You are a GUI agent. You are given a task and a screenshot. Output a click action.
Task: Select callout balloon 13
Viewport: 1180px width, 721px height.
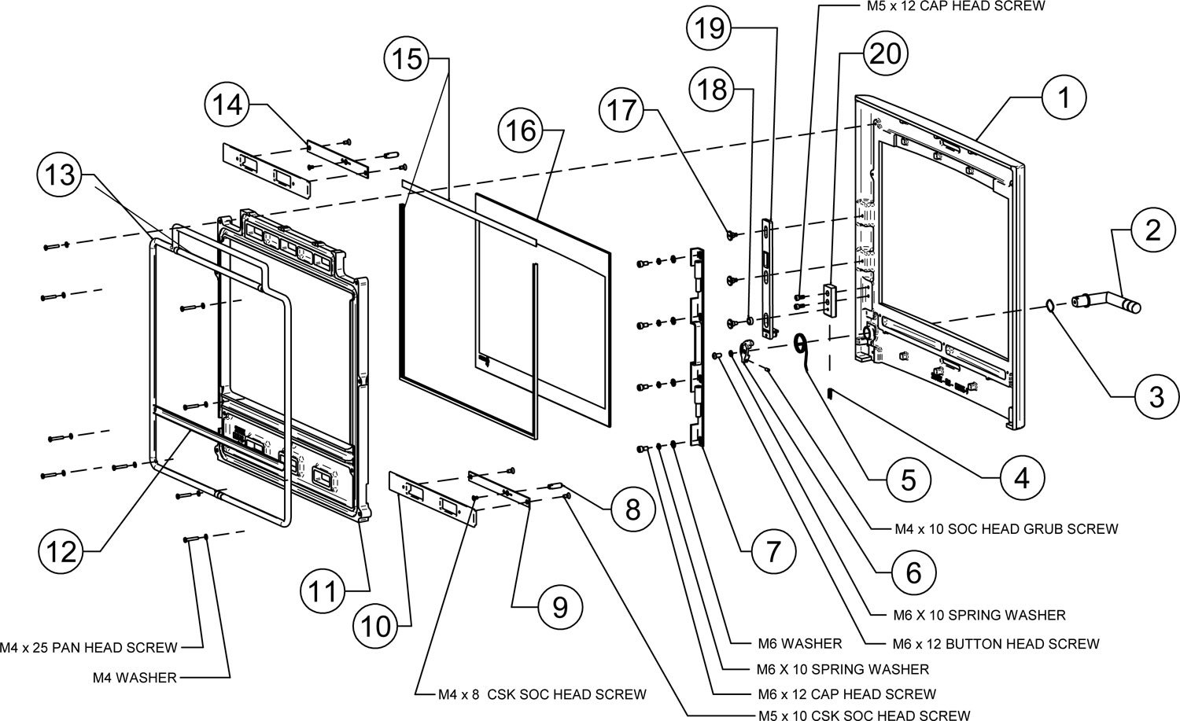(60, 175)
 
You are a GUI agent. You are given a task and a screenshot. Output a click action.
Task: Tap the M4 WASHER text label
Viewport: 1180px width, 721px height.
(135, 677)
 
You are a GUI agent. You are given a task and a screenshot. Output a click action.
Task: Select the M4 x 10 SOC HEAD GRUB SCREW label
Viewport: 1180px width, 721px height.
(1006, 529)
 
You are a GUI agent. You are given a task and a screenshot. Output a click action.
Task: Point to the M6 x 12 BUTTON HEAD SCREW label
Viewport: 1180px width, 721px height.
(996, 644)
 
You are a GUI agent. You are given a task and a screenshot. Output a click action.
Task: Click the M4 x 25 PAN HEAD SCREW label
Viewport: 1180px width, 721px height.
(90, 648)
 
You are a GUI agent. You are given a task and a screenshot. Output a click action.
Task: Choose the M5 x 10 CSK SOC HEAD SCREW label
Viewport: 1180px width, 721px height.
(864, 715)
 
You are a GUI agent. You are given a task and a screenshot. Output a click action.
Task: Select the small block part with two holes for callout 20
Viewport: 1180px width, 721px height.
(830, 299)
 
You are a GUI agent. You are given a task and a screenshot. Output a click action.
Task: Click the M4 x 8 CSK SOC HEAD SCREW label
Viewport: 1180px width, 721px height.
(543, 694)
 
